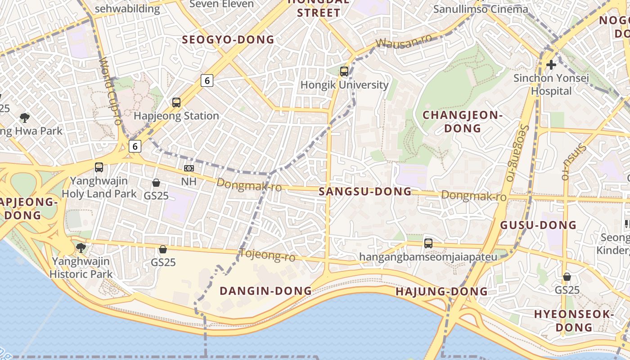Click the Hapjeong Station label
[176, 116]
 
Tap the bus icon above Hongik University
[344, 71]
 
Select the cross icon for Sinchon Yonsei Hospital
[551, 65]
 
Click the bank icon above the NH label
[189, 168]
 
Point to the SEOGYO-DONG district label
[228, 40]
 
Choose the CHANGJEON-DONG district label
[463, 121]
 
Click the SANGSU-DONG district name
[365, 192]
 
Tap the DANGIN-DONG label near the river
[265, 291]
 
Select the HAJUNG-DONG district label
[441, 292]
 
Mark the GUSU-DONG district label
[538, 225]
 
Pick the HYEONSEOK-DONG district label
[574, 320]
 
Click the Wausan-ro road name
[404, 41]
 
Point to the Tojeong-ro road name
[267, 255]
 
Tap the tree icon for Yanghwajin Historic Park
[81, 248]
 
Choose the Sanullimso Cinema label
[481, 9]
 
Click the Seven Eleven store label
[222, 4]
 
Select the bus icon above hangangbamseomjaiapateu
[428, 243]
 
